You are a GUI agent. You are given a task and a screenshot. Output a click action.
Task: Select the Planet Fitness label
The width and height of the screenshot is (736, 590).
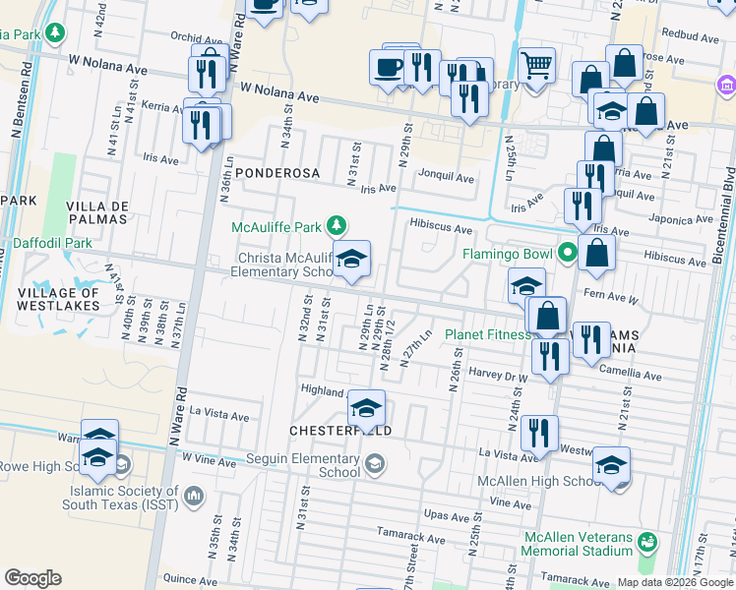click(x=487, y=334)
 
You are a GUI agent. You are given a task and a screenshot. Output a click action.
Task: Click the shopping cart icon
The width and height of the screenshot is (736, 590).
click(x=536, y=65)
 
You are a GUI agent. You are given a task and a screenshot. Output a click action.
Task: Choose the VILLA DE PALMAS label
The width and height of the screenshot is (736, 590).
click(x=95, y=211)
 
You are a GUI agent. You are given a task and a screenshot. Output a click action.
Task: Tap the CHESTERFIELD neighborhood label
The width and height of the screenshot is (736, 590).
click(x=340, y=432)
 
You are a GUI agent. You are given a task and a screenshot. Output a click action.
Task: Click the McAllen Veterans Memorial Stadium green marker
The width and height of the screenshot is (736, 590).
click(x=646, y=542)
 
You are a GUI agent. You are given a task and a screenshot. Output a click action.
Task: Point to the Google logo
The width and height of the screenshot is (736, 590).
click(x=32, y=578)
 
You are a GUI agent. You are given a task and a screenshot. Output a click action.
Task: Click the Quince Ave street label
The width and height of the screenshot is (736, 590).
click(x=189, y=580)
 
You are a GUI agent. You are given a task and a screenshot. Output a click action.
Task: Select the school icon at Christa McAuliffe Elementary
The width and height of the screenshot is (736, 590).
click(x=351, y=260)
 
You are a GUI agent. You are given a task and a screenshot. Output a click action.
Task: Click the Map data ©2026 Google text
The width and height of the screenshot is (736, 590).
click(x=675, y=582)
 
